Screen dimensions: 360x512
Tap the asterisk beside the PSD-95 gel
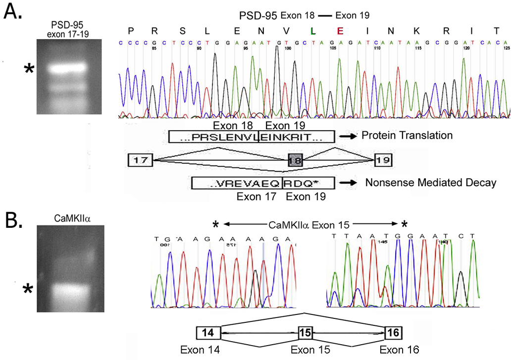coord(30,70)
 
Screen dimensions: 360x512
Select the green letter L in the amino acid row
coord(312,31)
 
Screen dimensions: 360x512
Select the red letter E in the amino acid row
coord(340,31)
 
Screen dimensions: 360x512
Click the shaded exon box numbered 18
coord(296,160)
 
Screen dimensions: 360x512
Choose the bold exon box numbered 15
coord(306,332)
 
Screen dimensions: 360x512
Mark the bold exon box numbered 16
coord(394,332)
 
